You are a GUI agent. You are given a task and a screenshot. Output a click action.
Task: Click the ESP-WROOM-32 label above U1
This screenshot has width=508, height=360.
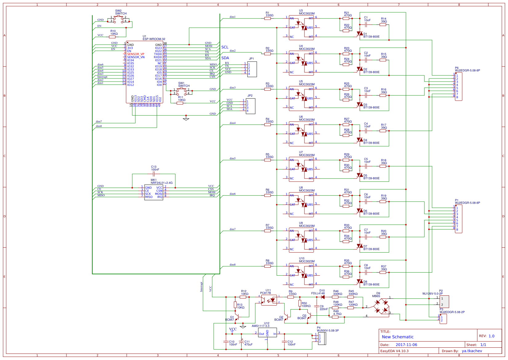click(154, 39)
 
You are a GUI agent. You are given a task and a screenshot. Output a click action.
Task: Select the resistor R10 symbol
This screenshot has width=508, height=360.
click(112, 37)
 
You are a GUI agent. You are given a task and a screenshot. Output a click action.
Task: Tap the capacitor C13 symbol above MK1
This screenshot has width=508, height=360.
click(154, 174)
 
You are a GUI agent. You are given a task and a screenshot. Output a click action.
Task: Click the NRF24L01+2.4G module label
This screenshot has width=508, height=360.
click(161, 183)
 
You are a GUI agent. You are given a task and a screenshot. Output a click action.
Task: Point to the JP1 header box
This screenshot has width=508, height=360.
click(252, 69)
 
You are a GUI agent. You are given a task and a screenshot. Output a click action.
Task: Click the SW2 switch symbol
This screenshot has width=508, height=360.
click(118, 19)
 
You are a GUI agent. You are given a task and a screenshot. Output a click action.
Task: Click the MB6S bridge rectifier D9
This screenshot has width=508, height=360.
click(381, 306)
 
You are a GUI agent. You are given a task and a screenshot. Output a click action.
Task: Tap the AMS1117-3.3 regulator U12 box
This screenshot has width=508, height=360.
click(267, 333)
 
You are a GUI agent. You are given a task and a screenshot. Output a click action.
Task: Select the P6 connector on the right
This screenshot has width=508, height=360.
click(458, 86)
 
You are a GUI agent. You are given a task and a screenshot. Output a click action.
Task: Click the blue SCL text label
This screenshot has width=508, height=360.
click(225, 47)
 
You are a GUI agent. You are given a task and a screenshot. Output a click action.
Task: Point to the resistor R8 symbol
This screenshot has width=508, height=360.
click(268, 266)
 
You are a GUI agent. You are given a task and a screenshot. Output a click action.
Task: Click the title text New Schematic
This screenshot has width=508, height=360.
click(398, 337)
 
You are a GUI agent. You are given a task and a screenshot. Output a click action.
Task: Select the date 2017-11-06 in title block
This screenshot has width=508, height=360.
click(406, 345)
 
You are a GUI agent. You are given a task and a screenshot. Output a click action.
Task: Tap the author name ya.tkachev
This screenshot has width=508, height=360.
click(472, 351)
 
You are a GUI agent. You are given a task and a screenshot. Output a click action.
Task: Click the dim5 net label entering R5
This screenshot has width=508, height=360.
click(232, 158)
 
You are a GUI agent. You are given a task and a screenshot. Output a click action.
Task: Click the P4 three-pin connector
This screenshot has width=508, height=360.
click(322, 338)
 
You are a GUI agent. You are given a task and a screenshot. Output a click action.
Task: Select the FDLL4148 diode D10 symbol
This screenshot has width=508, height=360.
click(323, 297)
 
